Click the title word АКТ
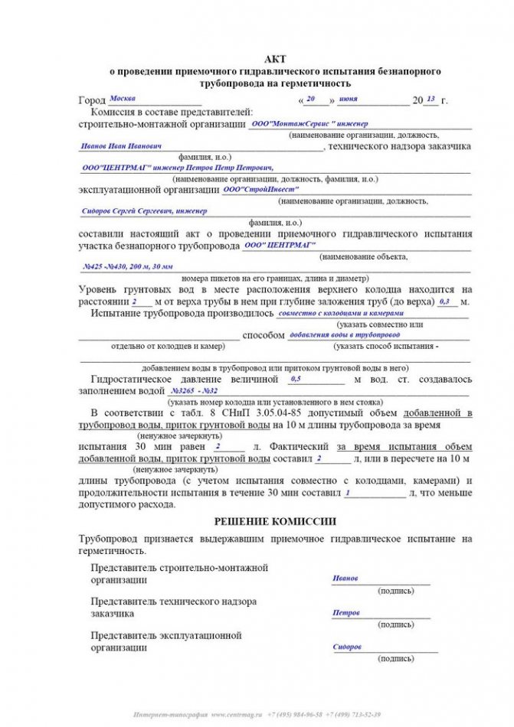(x=274, y=58)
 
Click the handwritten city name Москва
(x=123, y=99)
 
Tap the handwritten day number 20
(x=310, y=99)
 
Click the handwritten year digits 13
(x=431, y=99)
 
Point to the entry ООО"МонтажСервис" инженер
(x=309, y=123)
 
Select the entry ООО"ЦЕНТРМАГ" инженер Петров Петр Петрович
(x=177, y=167)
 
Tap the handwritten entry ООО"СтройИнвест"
(x=260, y=188)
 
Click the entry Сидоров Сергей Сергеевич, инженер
(x=144, y=210)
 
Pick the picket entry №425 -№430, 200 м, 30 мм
(x=127, y=266)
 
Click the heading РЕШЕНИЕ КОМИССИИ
(x=274, y=521)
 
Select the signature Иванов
(x=345, y=579)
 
